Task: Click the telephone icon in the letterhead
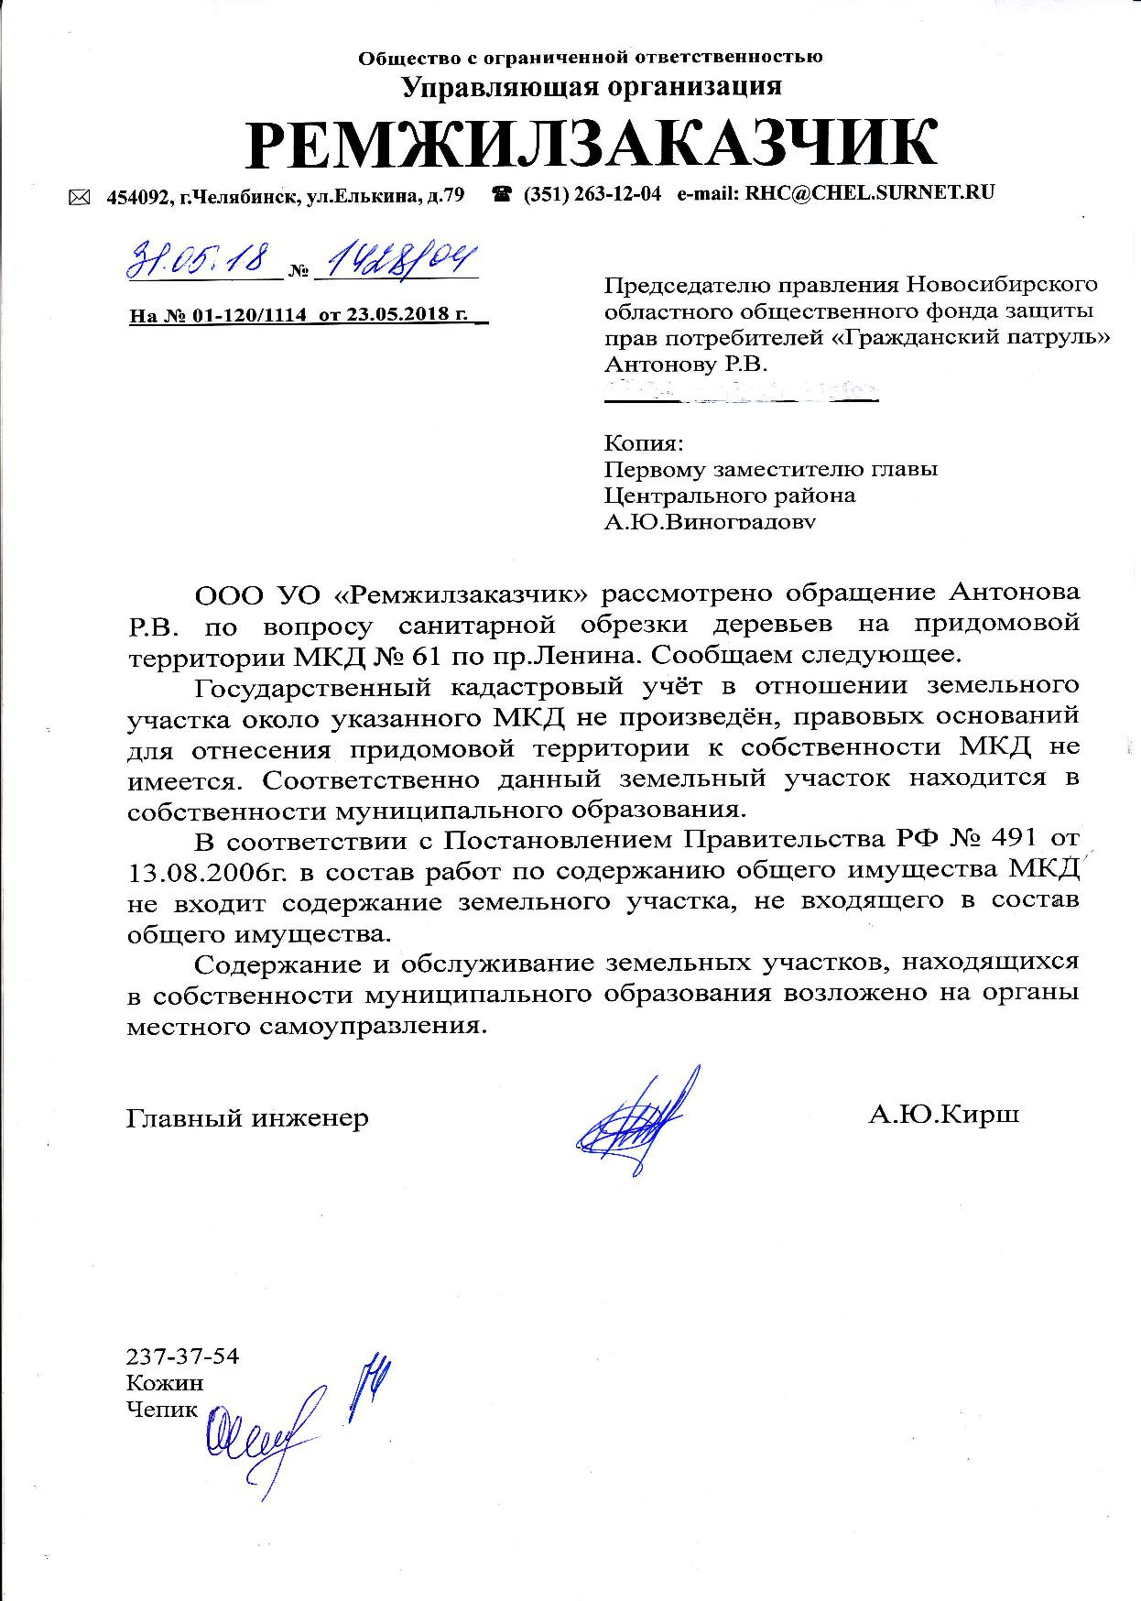click(x=502, y=194)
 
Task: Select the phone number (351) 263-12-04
click(x=592, y=194)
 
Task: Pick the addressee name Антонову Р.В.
click(x=686, y=365)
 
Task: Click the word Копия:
click(x=644, y=444)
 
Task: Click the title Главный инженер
click(x=247, y=1117)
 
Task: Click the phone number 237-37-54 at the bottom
click(x=182, y=1356)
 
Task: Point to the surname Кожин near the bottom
click(x=165, y=1383)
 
